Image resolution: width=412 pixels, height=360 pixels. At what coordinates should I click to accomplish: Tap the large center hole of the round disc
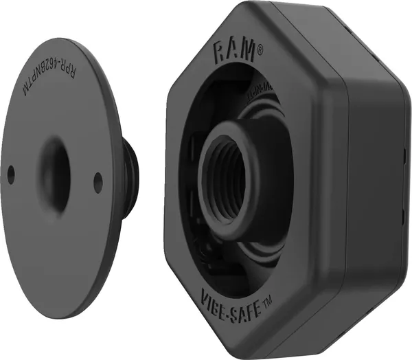coord(55,168)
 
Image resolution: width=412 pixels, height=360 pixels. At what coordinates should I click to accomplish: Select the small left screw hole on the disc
coord(11,175)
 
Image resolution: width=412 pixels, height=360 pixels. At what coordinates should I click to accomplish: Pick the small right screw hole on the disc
coord(98,182)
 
